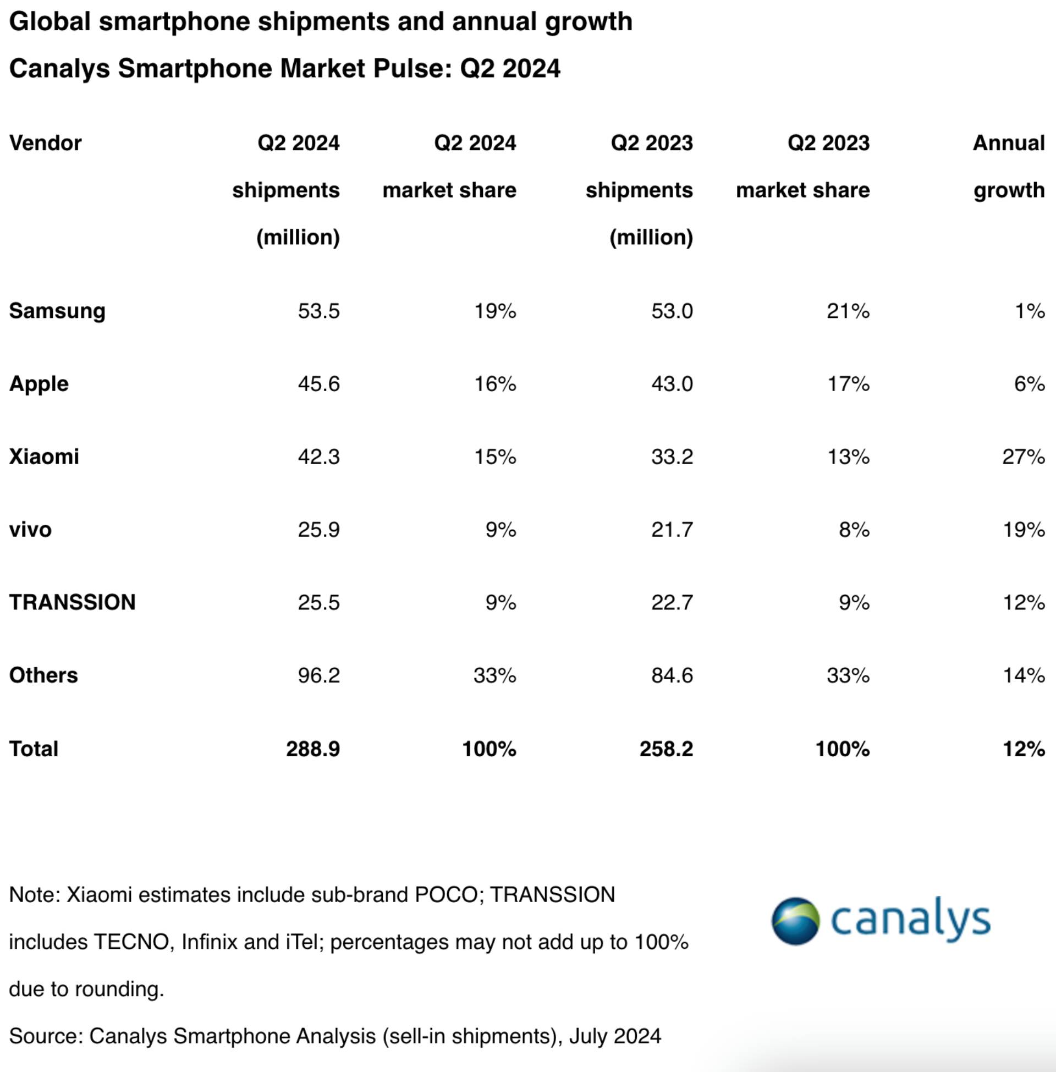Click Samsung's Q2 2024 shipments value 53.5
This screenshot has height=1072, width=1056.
tap(318, 311)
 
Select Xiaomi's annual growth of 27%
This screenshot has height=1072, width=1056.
tap(1024, 457)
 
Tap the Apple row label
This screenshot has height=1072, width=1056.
tap(39, 384)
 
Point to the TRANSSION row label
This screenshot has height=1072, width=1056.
tap(72, 602)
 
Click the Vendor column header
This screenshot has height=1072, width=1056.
tap(46, 143)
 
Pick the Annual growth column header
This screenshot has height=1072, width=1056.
tap(1008, 166)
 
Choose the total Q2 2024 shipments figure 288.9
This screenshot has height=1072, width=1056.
tap(313, 749)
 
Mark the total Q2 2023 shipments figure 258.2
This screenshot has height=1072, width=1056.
tap(666, 749)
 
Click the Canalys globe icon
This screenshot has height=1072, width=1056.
tap(795, 921)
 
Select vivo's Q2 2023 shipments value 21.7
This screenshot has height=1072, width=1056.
tap(672, 530)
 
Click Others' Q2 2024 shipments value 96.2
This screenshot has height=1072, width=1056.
tap(318, 675)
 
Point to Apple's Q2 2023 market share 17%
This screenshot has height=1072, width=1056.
tap(848, 384)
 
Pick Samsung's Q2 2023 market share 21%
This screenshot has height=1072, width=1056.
tap(848, 311)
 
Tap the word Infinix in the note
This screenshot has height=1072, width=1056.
tap(209, 942)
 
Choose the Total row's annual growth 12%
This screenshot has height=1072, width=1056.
tap(1024, 749)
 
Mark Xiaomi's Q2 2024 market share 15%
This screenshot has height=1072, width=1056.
tap(494, 457)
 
